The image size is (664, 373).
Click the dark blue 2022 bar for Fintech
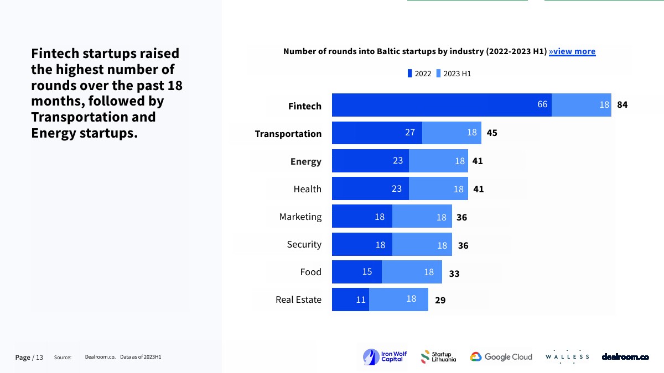(x=442, y=105)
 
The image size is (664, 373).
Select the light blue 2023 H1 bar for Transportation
(x=452, y=133)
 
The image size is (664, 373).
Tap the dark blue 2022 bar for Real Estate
(x=350, y=300)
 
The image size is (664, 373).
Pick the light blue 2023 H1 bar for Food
(x=412, y=272)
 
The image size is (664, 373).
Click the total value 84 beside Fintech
(x=622, y=105)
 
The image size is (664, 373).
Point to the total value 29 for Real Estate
(x=440, y=301)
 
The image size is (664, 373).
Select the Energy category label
(x=305, y=161)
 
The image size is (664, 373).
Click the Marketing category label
(x=300, y=217)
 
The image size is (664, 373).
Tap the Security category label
(x=304, y=244)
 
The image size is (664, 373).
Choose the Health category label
(x=307, y=189)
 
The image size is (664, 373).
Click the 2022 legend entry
(x=419, y=73)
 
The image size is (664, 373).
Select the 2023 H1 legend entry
(x=454, y=73)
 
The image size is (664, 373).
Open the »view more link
(x=572, y=51)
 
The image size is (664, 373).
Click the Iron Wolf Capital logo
(x=383, y=357)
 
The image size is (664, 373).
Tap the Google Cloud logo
(x=501, y=357)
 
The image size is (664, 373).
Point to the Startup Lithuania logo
(x=439, y=357)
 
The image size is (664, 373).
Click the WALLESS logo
(x=567, y=357)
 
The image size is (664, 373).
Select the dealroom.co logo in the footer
(x=625, y=357)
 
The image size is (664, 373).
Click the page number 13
(x=40, y=358)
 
